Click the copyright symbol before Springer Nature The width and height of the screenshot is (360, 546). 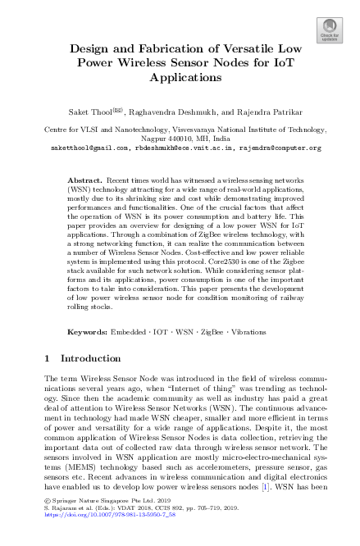click(46, 500)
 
